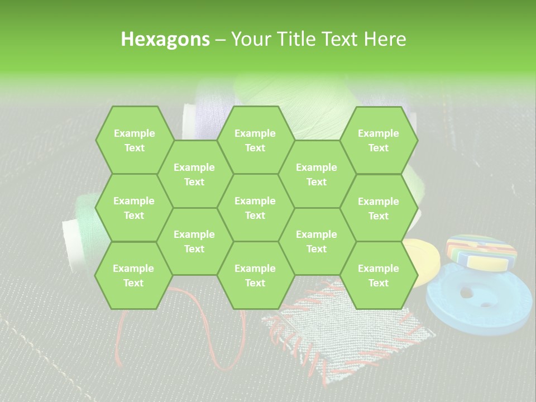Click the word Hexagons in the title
(165, 39)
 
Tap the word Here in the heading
(385, 39)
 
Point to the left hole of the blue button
(463, 292)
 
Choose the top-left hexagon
(134, 140)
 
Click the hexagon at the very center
(255, 208)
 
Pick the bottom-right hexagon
(379, 275)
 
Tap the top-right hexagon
(379, 140)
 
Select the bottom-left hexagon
(133, 275)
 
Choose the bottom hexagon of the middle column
(255, 275)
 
